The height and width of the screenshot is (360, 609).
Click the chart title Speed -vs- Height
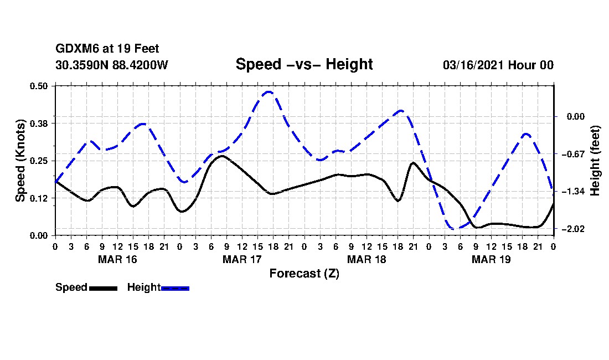pos(304,64)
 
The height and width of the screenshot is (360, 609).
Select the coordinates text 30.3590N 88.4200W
pos(112,65)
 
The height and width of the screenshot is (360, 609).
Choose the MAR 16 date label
pos(117,259)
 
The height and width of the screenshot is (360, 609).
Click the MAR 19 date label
pos(491,259)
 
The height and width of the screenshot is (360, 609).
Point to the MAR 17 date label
pos(242,259)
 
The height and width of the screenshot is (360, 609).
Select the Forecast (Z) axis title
pos(304,273)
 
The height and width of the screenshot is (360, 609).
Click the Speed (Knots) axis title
pos(20,160)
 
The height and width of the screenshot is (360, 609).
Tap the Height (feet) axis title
pos(596,161)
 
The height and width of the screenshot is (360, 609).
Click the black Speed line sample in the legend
pos(103,288)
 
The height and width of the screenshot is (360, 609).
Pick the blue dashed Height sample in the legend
pos(175,288)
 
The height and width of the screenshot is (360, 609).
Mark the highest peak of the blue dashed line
pos(269,92)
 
